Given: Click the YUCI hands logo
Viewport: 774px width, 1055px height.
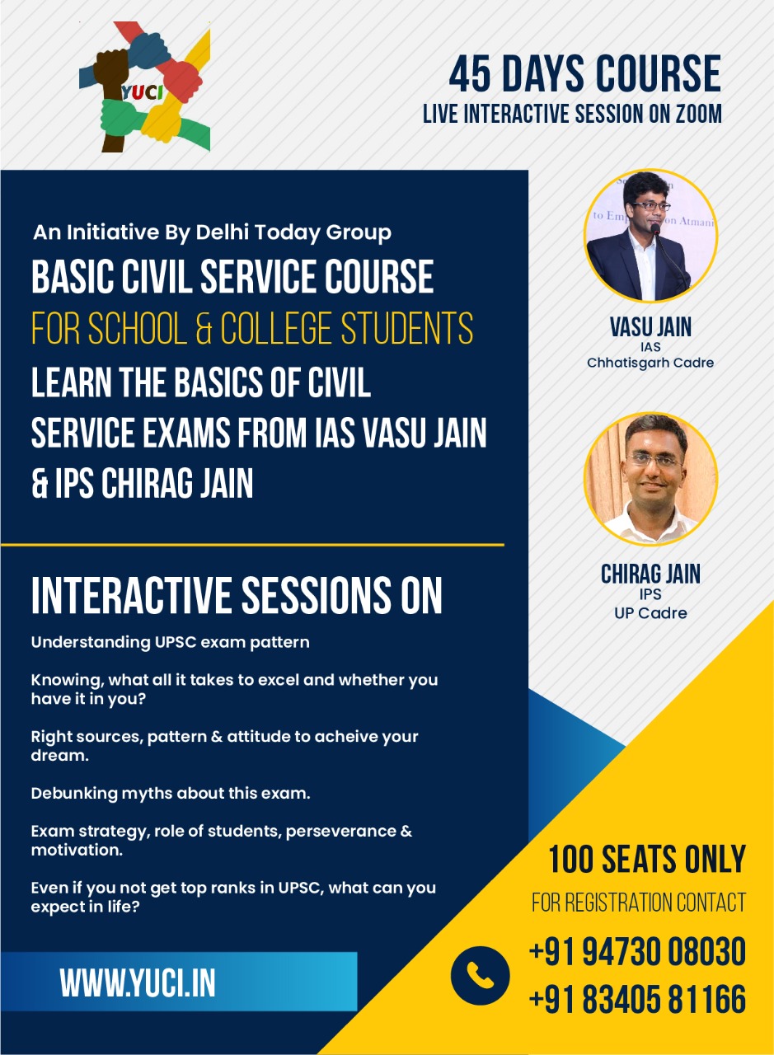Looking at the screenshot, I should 145,87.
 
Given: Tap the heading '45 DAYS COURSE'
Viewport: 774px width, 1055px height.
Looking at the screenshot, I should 584,74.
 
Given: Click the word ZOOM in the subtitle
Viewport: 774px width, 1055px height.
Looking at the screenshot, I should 695,114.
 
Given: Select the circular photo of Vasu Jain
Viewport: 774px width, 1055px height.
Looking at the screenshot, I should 650,237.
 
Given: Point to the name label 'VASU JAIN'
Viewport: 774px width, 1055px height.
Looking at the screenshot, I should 650,326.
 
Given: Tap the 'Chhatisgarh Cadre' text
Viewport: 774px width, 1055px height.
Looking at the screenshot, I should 650,363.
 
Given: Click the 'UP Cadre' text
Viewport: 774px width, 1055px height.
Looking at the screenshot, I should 650,613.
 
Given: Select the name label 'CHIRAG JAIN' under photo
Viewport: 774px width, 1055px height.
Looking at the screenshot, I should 650,574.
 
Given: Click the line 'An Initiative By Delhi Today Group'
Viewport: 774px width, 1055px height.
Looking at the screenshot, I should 212,233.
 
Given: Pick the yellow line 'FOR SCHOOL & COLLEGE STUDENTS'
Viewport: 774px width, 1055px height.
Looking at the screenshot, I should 252,328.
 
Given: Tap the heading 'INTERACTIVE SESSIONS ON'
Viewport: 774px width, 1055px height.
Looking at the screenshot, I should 237,595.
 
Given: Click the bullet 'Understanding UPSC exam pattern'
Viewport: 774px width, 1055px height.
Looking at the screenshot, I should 170,642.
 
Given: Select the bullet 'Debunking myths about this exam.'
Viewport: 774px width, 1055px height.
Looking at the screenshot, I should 171,794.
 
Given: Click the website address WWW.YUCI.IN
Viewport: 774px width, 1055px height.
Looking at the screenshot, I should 138,982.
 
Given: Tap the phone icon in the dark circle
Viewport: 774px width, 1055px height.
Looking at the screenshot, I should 480,975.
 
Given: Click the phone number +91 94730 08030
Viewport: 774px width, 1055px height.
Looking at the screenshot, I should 637,952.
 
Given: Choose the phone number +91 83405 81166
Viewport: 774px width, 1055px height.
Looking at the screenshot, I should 637,1000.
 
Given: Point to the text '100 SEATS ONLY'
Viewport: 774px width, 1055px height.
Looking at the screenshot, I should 647,860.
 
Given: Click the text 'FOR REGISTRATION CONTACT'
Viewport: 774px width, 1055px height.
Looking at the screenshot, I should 639,903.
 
